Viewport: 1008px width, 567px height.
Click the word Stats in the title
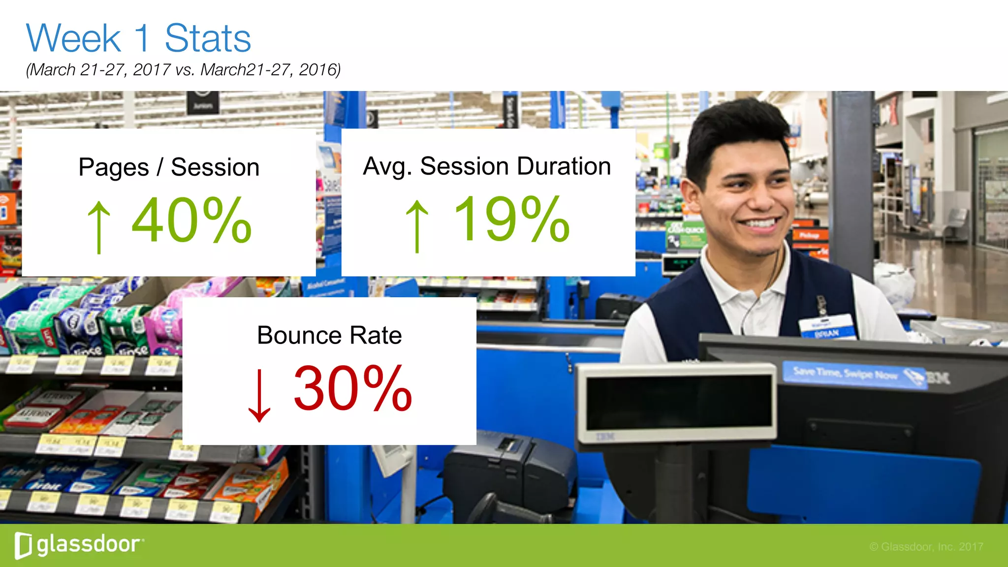(x=208, y=38)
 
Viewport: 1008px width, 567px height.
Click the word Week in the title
(x=74, y=38)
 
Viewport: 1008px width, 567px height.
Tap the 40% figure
(x=192, y=220)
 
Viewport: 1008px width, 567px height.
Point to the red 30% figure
(x=352, y=388)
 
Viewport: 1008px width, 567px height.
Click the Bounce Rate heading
(x=329, y=336)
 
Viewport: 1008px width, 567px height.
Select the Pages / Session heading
(x=169, y=167)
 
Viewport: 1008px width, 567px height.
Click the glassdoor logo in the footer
(x=79, y=545)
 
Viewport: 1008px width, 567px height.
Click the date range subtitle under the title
(x=183, y=70)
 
